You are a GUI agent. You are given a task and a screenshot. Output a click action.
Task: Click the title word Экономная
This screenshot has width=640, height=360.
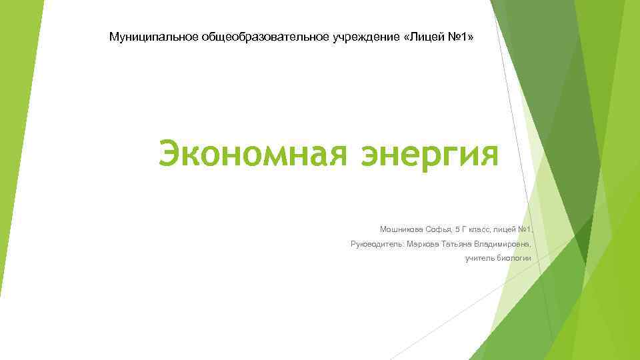pos(253,155)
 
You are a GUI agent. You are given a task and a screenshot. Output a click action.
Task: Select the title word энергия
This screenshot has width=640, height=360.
pos(429,155)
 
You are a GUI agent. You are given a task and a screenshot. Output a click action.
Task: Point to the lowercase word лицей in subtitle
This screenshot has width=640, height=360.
pos(508,229)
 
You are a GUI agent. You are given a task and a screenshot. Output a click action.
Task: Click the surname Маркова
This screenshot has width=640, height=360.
pos(418,243)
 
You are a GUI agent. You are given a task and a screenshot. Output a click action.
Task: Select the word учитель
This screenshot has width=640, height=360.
pos(481,257)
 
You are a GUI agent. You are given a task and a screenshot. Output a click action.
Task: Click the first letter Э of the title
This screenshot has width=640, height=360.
pos(169,155)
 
